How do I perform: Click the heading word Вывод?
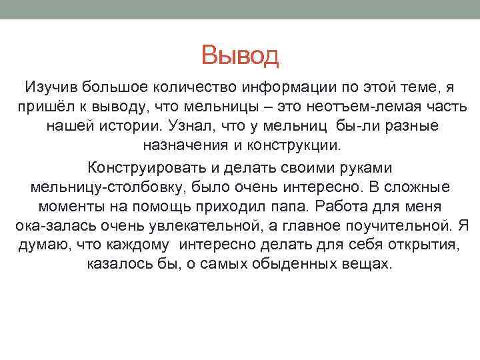240,55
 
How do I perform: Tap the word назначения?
178,145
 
